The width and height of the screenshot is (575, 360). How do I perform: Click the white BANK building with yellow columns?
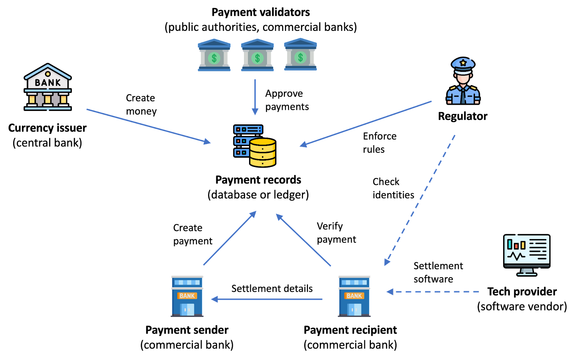coord(47,88)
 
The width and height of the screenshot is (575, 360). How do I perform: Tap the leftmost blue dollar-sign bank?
coord(214,55)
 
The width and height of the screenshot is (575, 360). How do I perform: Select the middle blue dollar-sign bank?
coord(257,55)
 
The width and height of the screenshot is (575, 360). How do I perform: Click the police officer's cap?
coord(463,65)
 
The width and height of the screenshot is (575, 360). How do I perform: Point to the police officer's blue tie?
coord(463,95)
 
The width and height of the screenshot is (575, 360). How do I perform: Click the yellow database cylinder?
coord(263,152)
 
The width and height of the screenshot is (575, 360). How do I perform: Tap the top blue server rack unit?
coord(248,129)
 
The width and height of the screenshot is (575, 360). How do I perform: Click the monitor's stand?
coord(527,272)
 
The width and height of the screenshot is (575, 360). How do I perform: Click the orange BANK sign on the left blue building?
coord(187,296)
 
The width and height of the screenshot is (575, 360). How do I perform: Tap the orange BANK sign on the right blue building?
coord(354,296)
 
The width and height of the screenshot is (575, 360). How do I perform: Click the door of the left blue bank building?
coord(187,309)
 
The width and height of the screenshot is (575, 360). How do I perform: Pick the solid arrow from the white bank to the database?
coord(147,126)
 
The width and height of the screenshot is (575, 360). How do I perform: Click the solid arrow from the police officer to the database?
coord(367,123)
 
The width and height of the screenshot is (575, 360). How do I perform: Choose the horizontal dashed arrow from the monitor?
coord(433,292)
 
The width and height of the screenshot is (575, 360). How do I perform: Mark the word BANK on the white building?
coord(48,83)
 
